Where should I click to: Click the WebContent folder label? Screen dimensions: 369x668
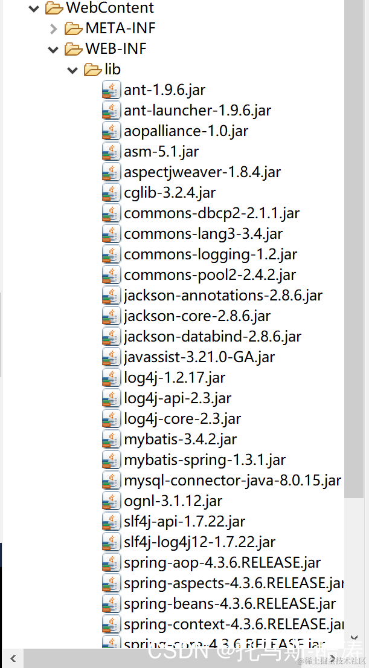(x=109, y=8)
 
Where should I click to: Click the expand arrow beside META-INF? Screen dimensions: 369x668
(x=53, y=28)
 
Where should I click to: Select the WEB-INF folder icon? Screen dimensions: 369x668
(x=73, y=49)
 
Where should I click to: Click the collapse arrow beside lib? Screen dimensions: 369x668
(x=72, y=70)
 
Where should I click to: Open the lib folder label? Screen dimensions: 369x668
(x=112, y=70)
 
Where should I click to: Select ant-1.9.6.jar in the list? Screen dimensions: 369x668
(x=164, y=90)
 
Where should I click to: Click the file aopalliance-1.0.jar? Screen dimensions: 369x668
(x=185, y=131)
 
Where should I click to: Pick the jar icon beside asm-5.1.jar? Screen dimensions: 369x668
(x=111, y=152)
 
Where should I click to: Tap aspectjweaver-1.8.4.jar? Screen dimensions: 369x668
(x=202, y=172)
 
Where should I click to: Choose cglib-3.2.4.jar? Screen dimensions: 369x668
(x=170, y=193)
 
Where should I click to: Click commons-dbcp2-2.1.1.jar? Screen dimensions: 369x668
(x=211, y=213)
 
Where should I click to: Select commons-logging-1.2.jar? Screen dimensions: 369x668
(x=210, y=255)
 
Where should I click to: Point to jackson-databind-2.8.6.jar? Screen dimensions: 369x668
(x=213, y=337)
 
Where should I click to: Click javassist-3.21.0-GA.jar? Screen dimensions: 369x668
(x=199, y=357)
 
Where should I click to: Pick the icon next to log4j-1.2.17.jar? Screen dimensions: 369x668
(x=111, y=378)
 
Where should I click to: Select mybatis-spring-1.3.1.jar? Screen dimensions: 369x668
(x=205, y=460)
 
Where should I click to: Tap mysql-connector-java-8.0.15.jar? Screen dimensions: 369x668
(x=233, y=481)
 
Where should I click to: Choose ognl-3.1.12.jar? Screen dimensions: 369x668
(x=173, y=501)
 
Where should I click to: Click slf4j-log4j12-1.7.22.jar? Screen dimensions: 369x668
(x=199, y=542)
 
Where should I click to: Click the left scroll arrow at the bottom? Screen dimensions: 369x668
(x=13, y=658)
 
